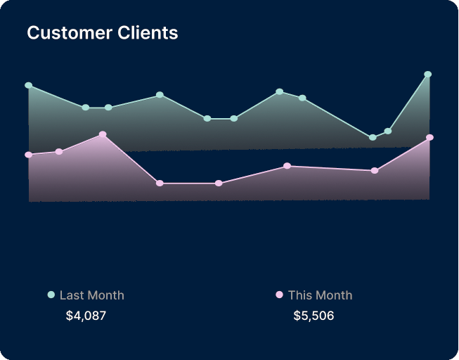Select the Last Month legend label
(91, 295)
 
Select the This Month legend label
(320, 295)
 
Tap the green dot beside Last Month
(51, 295)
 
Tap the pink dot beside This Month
(279, 295)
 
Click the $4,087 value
(86, 316)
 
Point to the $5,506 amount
(313, 316)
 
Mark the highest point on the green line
(427, 75)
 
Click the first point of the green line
(29, 86)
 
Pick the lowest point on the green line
(373, 138)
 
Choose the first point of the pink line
(29, 155)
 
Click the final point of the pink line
(430, 138)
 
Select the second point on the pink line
(59, 151)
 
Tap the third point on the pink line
(103, 134)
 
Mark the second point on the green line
(85, 108)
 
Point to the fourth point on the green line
(160, 95)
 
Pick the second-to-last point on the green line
(388, 131)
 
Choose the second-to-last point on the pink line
(375, 171)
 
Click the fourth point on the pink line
(160, 184)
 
